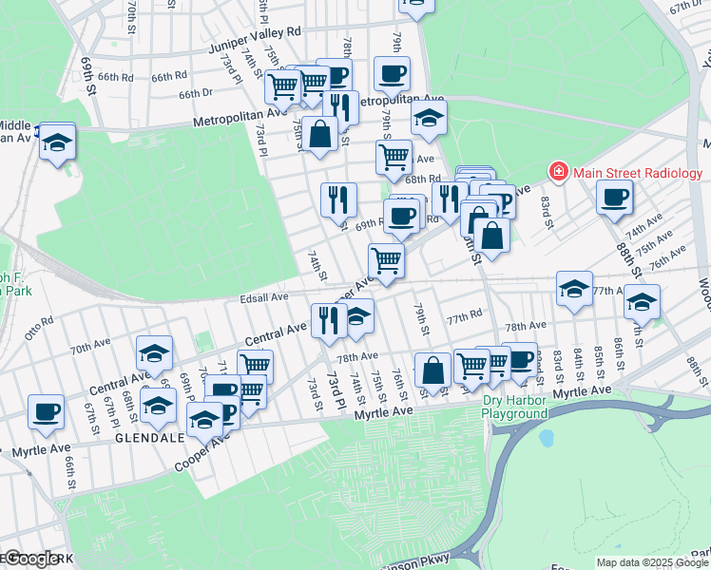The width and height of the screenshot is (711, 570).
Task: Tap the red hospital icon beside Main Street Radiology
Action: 558,172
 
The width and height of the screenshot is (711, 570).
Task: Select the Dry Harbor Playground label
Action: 514,407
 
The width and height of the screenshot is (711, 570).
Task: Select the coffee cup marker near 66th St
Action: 46,411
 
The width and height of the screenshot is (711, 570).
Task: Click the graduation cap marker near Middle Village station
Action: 57,141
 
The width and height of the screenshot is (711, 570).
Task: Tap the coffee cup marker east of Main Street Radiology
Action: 615,197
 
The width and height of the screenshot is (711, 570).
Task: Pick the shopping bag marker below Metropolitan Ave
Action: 321,134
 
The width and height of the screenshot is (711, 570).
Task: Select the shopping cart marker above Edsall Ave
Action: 386,258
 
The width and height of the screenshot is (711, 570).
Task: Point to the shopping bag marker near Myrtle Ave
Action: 432,370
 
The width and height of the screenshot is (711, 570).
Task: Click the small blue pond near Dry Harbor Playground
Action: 546,439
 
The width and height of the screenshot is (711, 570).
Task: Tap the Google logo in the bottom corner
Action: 30,559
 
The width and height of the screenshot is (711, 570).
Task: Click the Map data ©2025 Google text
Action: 652,562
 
